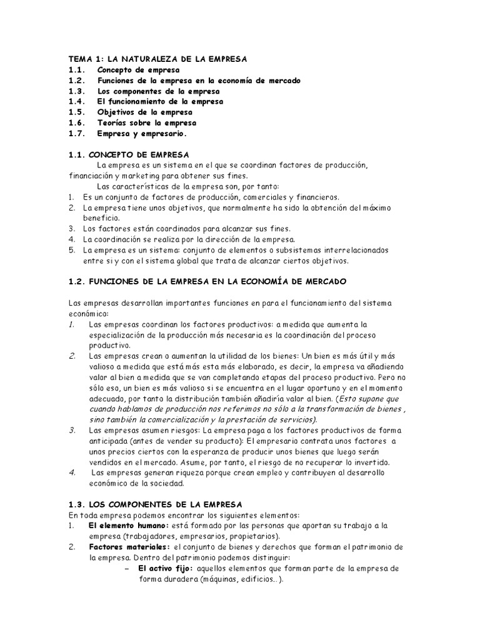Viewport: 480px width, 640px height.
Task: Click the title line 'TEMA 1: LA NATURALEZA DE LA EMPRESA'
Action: click(x=158, y=59)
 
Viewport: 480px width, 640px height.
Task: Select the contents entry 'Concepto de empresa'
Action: click(x=138, y=70)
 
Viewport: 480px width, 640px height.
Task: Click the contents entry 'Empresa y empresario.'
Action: click(x=142, y=134)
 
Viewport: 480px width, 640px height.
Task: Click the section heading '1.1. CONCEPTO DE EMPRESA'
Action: click(x=129, y=154)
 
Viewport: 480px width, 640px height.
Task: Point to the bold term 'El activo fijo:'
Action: click(x=166, y=568)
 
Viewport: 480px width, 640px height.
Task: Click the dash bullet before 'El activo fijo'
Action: click(x=127, y=568)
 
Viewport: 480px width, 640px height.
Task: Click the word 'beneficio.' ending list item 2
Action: click(x=103, y=218)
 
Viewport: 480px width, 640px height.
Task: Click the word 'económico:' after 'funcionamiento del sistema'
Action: click(x=88, y=313)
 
